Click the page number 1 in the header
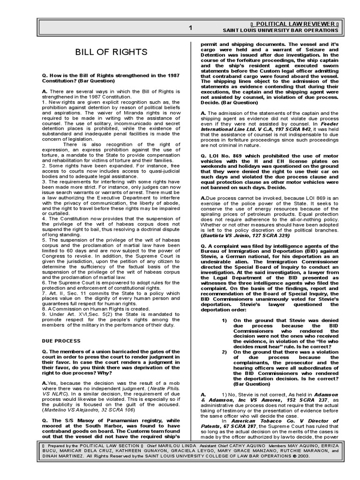190,28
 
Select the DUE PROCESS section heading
61,341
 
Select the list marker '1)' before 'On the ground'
224,320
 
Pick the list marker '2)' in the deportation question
224,351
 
